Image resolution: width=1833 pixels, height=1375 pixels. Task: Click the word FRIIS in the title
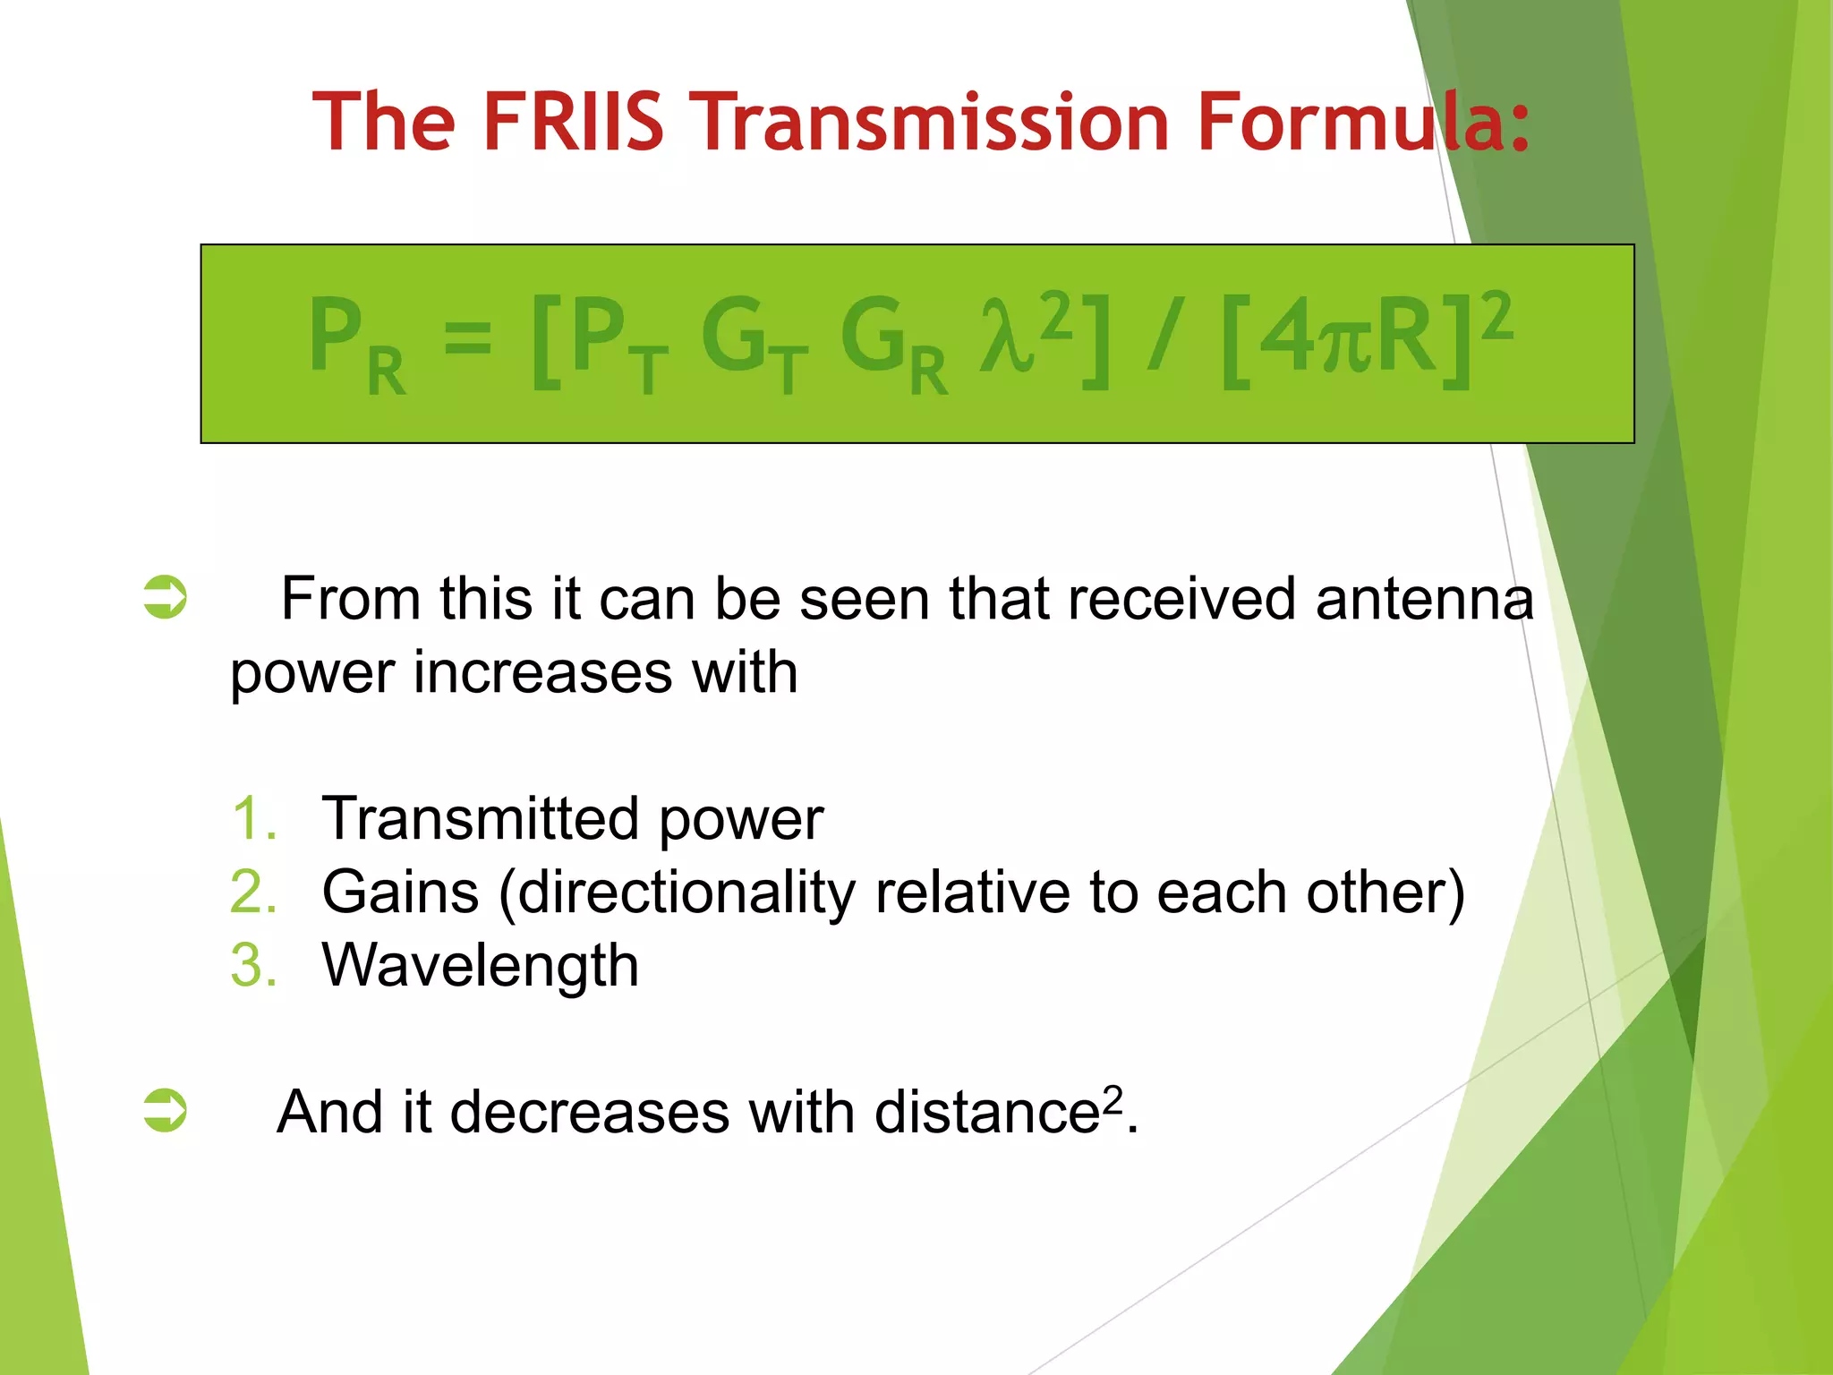573,122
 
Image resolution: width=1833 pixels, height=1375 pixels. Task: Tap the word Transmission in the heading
934,122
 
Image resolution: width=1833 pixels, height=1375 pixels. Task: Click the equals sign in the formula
467,338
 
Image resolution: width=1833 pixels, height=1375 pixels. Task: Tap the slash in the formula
1165,336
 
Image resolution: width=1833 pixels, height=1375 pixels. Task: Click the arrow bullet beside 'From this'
166,597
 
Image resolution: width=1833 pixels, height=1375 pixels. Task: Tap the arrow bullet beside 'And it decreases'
166,1110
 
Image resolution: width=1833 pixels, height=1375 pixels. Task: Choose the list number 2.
253,892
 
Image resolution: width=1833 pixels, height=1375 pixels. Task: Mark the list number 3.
253,965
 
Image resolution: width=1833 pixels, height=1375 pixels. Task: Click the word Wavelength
480,965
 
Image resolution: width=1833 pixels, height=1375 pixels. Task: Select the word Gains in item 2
400,892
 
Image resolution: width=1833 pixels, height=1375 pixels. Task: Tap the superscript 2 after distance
1112,1097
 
